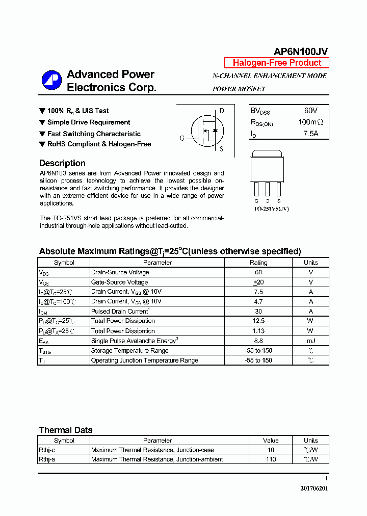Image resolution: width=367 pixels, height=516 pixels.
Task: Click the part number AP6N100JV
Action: click(x=301, y=51)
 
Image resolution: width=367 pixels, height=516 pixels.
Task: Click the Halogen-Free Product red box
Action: click(x=277, y=63)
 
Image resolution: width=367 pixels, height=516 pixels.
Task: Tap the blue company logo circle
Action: click(x=51, y=81)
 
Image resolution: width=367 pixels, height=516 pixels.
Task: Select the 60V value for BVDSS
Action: click(x=310, y=111)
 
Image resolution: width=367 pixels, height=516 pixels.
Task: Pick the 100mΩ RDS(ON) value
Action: click(x=310, y=122)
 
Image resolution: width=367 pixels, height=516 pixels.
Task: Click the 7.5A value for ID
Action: click(x=310, y=134)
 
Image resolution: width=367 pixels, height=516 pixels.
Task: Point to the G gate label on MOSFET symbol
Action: click(x=182, y=138)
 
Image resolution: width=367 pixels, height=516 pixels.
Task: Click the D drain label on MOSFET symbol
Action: click(x=222, y=111)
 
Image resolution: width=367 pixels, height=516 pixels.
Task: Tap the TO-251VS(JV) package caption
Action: click(x=271, y=209)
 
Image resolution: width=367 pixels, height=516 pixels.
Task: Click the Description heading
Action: click(x=62, y=163)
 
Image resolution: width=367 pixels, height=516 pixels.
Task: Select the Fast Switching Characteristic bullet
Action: click(x=94, y=134)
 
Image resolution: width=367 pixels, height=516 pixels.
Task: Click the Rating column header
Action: click(x=258, y=263)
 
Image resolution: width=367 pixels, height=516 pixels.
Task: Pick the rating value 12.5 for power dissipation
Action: click(x=258, y=321)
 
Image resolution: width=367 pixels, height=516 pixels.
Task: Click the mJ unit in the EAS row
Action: click(x=310, y=341)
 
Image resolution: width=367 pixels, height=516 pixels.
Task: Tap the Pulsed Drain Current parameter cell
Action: click(x=120, y=311)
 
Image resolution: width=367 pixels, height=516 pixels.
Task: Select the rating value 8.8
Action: click(x=258, y=341)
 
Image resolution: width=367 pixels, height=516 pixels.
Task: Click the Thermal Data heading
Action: click(x=66, y=430)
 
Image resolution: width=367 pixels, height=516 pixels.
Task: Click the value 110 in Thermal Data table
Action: click(x=271, y=459)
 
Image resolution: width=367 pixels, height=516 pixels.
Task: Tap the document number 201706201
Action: click(x=314, y=488)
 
